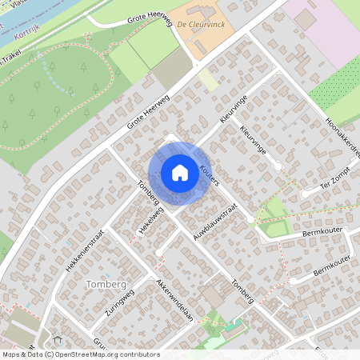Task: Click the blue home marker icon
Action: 180,172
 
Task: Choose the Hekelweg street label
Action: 150,219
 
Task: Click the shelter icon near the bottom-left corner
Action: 56,341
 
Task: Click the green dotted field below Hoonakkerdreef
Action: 336,84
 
